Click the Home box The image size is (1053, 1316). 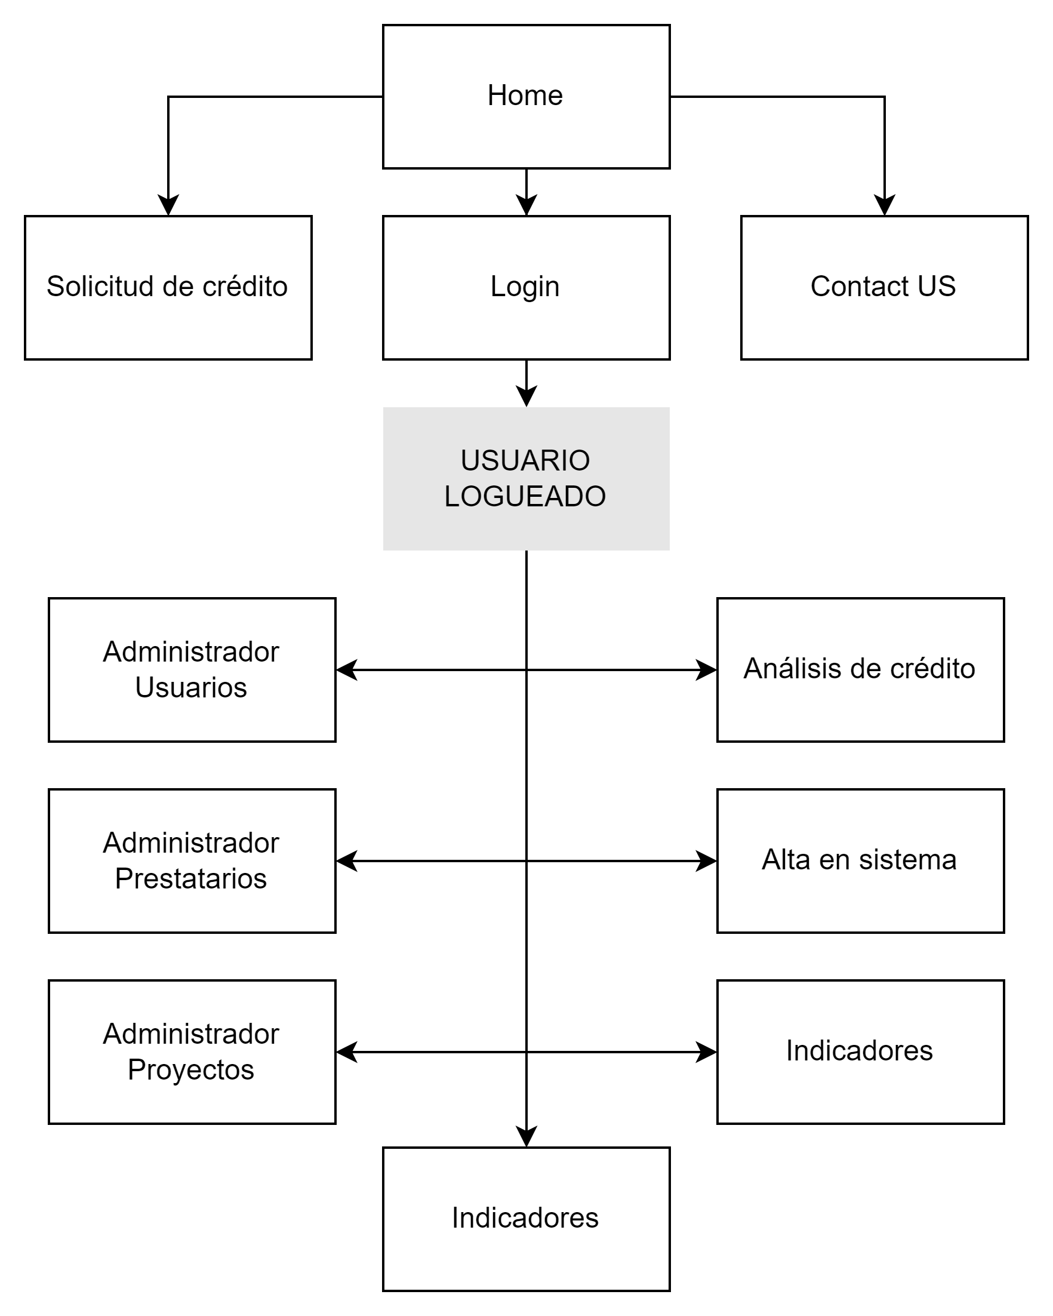click(526, 97)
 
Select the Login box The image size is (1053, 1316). click(526, 287)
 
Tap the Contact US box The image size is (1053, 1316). click(884, 287)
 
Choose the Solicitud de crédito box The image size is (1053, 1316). click(168, 287)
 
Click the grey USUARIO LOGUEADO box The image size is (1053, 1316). click(526, 478)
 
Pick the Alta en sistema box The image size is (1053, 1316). click(860, 860)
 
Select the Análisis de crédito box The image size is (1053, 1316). click(860, 669)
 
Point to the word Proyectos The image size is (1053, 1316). click(191, 1070)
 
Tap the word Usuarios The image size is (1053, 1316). click(191, 688)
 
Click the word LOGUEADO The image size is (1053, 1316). click(525, 496)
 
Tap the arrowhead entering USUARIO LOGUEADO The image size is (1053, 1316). click(526, 396)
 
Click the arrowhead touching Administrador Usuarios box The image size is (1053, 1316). click(347, 669)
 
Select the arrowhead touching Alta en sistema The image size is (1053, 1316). click(706, 860)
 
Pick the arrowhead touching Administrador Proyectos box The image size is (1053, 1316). click(347, 1051)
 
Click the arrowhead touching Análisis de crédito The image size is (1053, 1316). click(706, 669)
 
